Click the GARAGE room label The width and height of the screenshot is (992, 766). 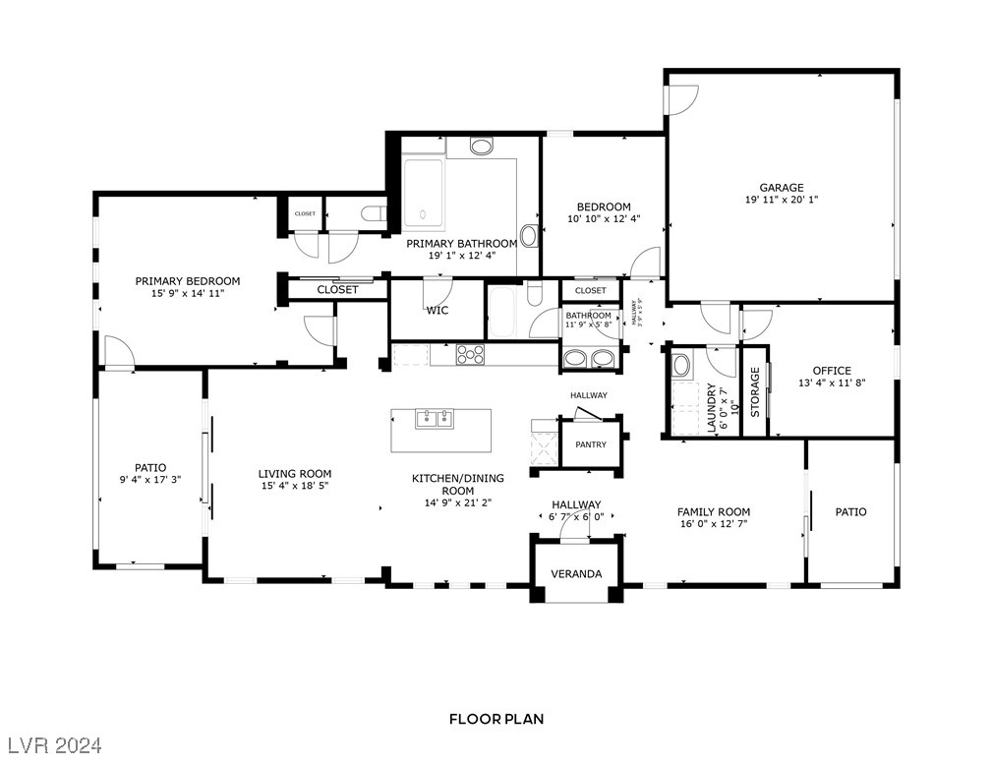coord(781,188)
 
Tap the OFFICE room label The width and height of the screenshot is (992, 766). coord(831,371)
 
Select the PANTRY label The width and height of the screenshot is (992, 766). coord(591,444)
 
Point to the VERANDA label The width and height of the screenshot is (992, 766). coord(576,573)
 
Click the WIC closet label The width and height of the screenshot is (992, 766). coord(437,311)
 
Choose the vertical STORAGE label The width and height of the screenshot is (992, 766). coord(755,391)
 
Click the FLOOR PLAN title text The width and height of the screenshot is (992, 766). coord(496,719)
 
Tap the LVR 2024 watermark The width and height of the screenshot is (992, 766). coord(59,742)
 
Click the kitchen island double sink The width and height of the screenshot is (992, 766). coord(433,420)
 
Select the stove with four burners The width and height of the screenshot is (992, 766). coord(470,354)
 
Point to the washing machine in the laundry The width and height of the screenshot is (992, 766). coord(681,366)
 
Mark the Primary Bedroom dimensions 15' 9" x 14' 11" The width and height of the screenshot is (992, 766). coord(187,293)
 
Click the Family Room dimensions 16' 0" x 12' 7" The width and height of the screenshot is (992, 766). coord(713,524)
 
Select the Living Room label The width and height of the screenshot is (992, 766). coord(295,473)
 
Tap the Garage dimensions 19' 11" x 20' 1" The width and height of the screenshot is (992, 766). coord(781,200)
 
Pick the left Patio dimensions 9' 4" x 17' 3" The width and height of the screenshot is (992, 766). coord(149,480)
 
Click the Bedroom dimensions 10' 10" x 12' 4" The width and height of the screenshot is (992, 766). coord(604,218)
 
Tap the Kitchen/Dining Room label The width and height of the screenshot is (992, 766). coord(457,484)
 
